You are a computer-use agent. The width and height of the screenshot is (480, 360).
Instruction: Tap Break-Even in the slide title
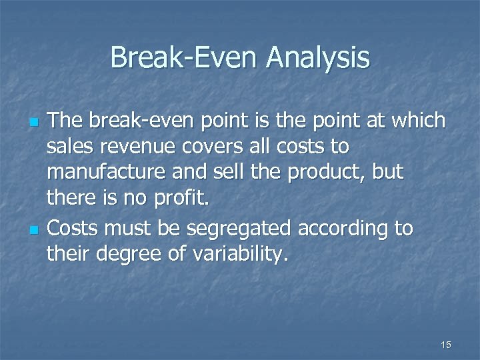(x=184, y=58)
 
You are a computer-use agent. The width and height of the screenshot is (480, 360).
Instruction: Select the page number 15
(x=446, y=345)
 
